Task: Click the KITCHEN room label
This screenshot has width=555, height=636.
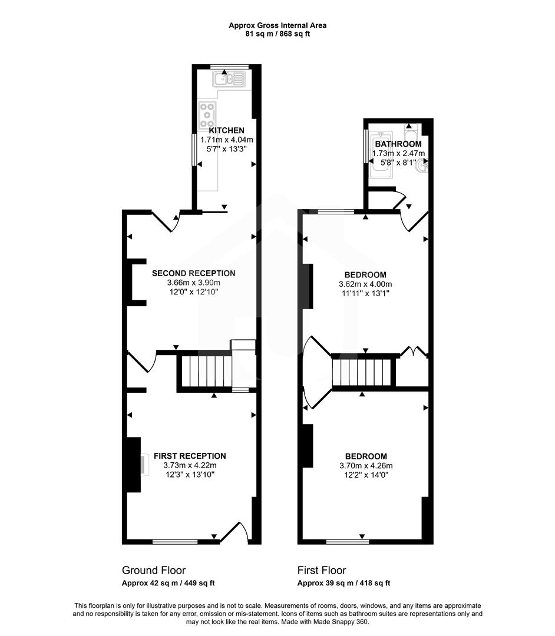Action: tap(226, 130)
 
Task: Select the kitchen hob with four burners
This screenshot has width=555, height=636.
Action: tap(208, 112)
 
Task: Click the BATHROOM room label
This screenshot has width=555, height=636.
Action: tap(398, 144)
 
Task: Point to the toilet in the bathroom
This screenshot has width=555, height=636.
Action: tap(411, 130)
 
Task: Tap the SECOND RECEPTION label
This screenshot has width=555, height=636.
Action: tap(193, 273)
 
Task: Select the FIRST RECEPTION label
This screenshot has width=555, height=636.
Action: tap(190, 456)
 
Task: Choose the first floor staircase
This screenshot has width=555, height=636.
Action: tap(362, 372)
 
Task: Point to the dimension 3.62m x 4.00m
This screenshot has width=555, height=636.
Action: tap(365, 284)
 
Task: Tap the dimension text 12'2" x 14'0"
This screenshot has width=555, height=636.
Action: tap(366, 475)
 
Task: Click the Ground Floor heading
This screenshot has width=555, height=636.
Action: tap(153, 570)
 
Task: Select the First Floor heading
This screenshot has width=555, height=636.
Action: tap(321, 570)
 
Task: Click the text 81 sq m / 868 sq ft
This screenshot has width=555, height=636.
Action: tap(277, 34)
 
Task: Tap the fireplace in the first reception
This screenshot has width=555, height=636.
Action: tap(141, 464)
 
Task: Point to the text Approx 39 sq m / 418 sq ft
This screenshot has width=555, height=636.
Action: tap(343, 583)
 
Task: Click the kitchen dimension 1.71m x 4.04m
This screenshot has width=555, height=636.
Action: tap(226, 140)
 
